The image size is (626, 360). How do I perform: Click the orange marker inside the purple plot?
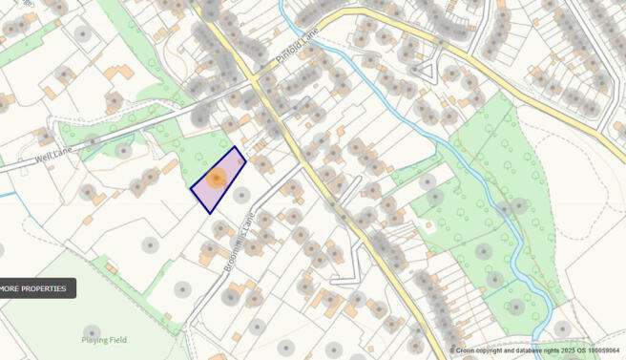pos(217,178)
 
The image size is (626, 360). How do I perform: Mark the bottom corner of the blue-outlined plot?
pos(209,213)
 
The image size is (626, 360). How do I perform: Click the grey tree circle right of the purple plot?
pos(242,195)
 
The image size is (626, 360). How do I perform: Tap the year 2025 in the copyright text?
pos(553,350)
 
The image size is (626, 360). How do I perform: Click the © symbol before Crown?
pos(453,350)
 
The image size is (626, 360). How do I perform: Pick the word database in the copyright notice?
pos(522,350)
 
